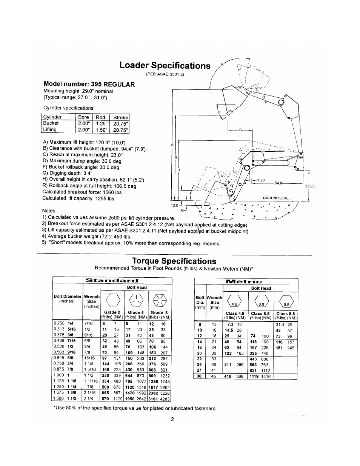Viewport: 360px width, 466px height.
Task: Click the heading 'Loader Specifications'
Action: [165, 66]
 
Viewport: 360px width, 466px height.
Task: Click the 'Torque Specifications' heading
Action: [174, 261]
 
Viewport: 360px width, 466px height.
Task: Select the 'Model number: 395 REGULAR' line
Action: [89, 84]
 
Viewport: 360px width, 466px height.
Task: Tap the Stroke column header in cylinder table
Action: [121, 117]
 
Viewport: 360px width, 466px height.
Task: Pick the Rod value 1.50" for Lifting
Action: [102, 130]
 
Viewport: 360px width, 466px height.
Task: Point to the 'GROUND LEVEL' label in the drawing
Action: [276, 198]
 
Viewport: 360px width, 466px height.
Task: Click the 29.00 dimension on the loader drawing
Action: [309, 186]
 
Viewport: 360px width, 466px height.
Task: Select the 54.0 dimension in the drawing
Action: [278, 183]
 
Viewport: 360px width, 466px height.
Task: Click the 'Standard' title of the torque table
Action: [112, 280]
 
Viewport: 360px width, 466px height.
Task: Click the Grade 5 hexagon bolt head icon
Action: [135, 300]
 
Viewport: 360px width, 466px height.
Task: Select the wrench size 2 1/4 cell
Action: [88, 398]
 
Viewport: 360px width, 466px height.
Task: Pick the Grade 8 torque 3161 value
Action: [153, 398]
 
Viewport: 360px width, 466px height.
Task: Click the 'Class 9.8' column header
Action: [286, 314]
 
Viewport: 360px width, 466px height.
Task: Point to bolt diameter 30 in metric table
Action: [200, 376]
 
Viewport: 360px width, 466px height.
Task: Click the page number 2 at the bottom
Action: [172, 419]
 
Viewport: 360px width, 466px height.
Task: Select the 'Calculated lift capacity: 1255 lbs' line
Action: [78, 198]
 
